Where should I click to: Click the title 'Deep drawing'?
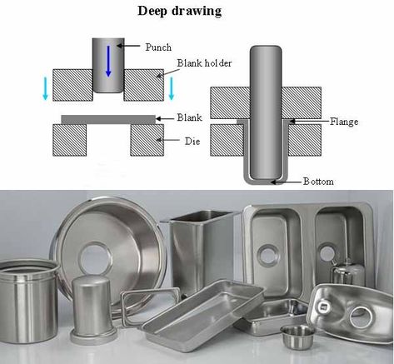(180, 11)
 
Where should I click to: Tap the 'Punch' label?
(158, 47)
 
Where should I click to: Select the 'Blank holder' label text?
(204, 63)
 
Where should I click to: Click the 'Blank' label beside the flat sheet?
(189, 117)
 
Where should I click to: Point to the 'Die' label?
(192, 142)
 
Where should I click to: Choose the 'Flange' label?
(344, 122)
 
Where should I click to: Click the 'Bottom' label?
(318, 182)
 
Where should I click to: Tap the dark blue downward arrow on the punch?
(108, 61)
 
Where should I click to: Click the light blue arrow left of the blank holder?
(45, 88)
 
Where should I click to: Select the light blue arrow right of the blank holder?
(171, 88)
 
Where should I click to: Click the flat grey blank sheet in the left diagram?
(108, 120)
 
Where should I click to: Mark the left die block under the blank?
(69, 140)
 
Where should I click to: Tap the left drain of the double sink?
(267, 255)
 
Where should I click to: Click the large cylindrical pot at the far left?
(27, 302)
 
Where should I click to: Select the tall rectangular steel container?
(202, 250)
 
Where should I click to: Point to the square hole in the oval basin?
(323, 307)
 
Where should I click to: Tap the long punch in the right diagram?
(266, 112)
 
